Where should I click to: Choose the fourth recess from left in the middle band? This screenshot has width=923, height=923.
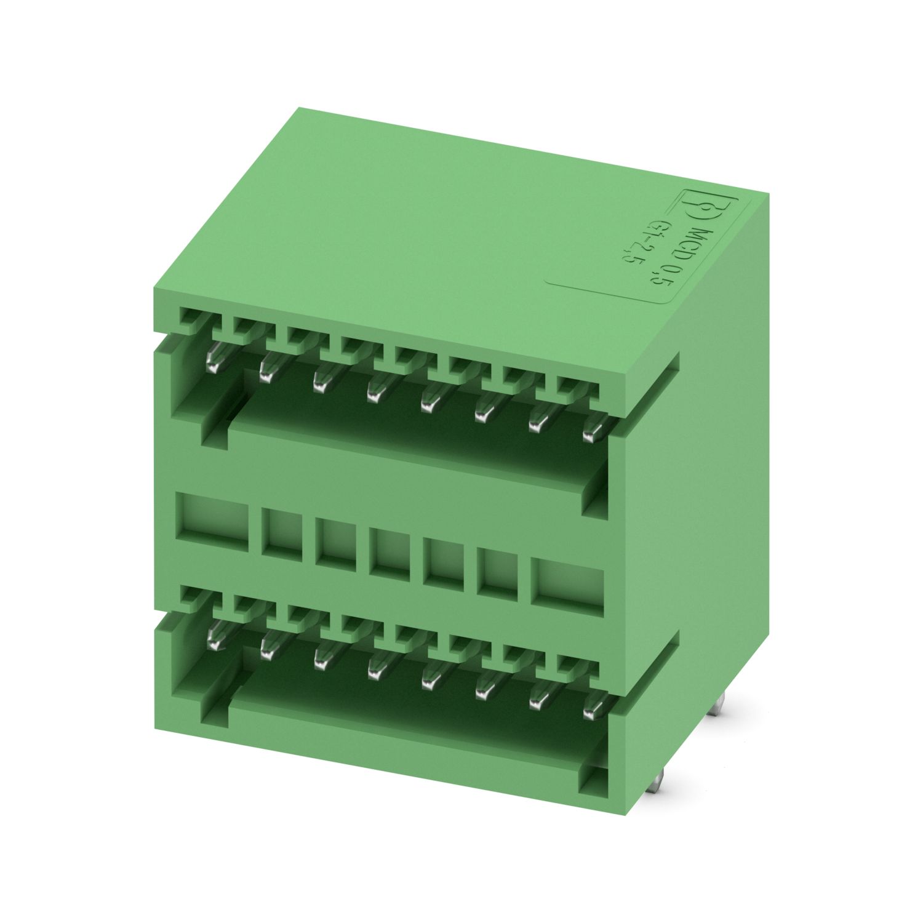point(386,548)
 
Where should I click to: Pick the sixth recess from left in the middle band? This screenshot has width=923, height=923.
point(493,567)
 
